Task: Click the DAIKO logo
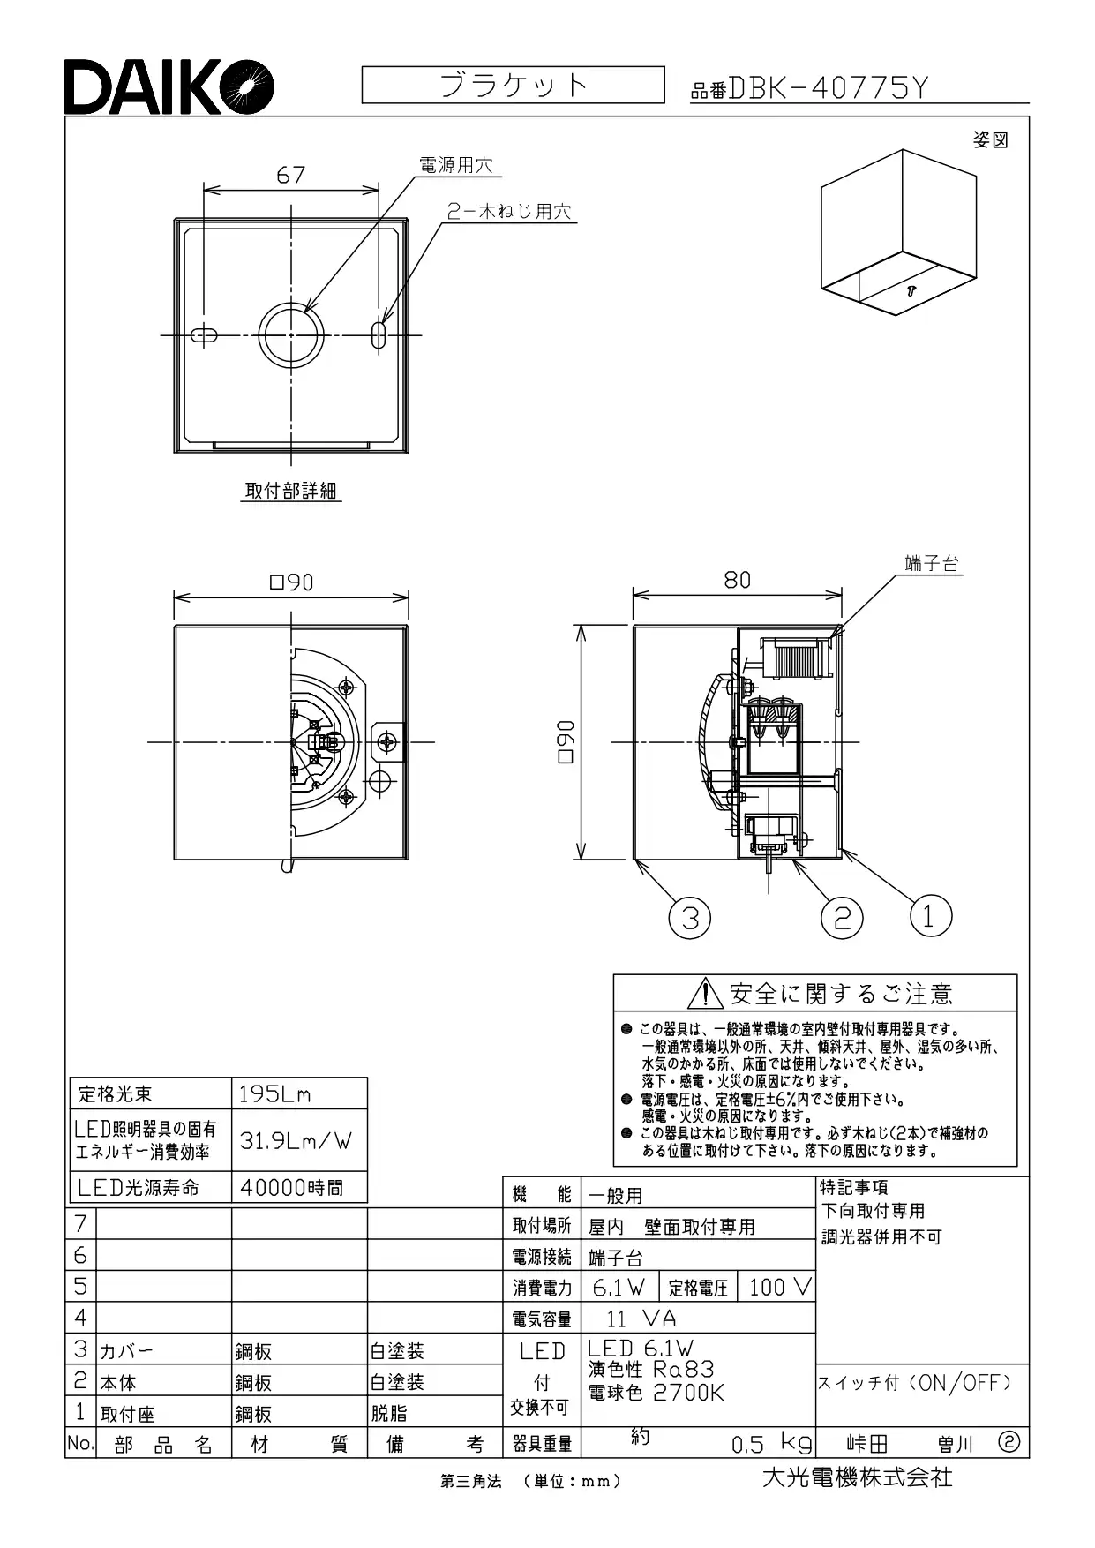point(169,86)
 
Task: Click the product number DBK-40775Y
point(829,88)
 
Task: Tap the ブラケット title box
point(513,86)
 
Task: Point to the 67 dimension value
point(290,175)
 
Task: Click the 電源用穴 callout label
point(455,165)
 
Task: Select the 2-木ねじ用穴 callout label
point(508,212)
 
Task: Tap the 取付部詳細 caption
point(291,491)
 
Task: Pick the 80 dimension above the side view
point(737,579)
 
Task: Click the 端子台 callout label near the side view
point(932,563)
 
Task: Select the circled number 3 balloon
point(690,918)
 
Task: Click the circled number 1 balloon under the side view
point(930,916)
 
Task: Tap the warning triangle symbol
point(705,994)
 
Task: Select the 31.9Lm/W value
point(296,1140)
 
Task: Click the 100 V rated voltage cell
point(776,1287)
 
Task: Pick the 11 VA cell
point(641,1319)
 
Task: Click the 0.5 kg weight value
point(771,1444)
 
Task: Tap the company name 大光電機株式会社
point(857,1477)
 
